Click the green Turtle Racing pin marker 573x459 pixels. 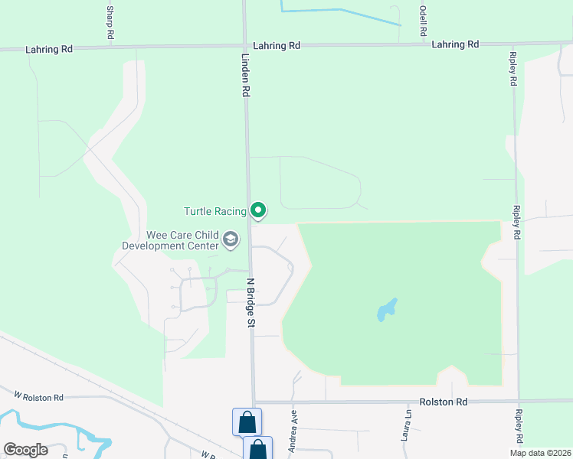coord(259,210)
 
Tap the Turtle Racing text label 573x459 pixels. coord(215,211)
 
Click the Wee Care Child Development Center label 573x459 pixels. coord(171,240)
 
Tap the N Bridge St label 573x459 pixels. coord(250,302)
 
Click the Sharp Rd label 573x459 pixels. coord(110,23)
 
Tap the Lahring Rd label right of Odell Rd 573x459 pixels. coord(455,44)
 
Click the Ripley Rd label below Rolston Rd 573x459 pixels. coord(519,427)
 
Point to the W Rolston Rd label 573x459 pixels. coord(39,396)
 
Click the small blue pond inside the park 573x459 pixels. coord(387,310)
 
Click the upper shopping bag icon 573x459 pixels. coord(247,422)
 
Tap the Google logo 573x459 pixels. coord(25,450)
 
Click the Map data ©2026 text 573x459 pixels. coord(540,453)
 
